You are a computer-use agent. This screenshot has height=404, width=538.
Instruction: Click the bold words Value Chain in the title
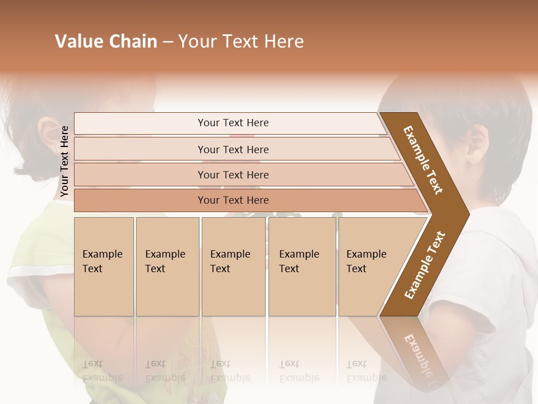pyautogui.click(x=106, y=42)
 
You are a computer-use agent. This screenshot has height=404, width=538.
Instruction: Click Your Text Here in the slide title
pyautogui.click(x=241, y=42)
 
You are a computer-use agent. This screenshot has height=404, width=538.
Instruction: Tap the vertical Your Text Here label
pyautogui.click(x=64, y=161)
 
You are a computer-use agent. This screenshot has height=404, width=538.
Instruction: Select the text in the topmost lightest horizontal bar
pyautogui.click(x=233, y=123)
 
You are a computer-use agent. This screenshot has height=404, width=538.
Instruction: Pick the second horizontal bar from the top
pyautogui.click(x=233, y=149)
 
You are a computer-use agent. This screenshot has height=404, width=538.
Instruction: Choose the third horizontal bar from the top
pyautogui.click(x=233, y=175)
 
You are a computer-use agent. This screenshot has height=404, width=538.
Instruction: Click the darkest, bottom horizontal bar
pyautogui.click(x=233, y=200)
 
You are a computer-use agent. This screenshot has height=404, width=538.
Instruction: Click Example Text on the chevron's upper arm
pyautogui.click(x=423, y=160)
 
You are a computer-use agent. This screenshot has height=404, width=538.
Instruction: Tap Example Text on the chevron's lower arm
pyautogui.click(x=425, y=265)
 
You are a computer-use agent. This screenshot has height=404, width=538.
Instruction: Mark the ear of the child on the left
pyautogui.click(x=48, y=138)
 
